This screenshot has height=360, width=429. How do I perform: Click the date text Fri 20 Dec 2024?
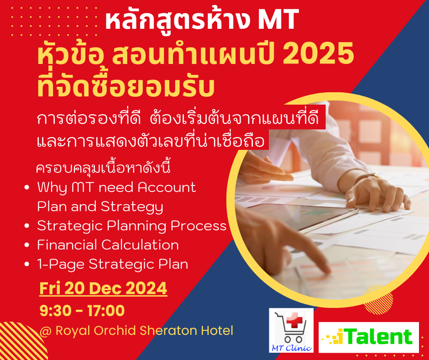(103, 288)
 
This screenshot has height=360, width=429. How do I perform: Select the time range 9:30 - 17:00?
(82, 310)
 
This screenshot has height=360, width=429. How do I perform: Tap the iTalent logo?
(369, 337)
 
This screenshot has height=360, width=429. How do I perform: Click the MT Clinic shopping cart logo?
(291, 330)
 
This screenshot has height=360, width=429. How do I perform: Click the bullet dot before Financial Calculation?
(26, 245)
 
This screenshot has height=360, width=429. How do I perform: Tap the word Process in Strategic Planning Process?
(199, 226)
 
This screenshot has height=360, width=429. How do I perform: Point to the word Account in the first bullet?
(167, 187)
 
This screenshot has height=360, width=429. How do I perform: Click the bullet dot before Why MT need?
(26, 187)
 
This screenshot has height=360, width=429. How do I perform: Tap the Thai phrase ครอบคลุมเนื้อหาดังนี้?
(104, 168)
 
